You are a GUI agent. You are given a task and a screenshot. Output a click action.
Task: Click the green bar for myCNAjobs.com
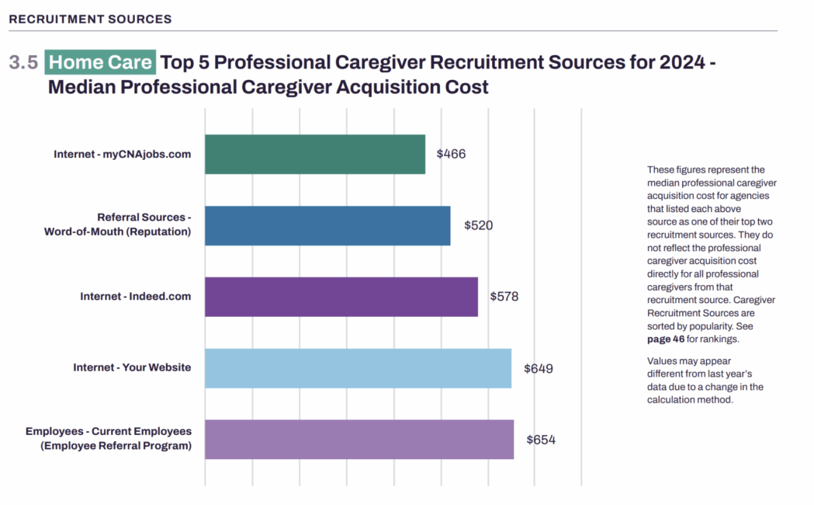tap(314, 154)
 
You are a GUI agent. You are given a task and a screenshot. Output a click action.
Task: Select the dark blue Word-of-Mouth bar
tap(327, 225)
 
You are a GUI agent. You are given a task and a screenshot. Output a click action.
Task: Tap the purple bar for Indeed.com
tap(341, 296)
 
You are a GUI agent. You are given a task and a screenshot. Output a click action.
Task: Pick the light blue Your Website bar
tap(358, 367)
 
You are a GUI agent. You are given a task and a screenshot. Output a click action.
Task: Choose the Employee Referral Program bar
tap(359, 439)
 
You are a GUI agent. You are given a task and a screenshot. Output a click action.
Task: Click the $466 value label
tap(451, 154)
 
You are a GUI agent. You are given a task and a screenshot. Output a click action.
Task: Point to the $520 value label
tap(478, 225)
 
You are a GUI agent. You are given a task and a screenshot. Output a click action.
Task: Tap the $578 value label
tap(504, 296)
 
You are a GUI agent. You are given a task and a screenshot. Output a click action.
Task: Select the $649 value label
tap(538, 368)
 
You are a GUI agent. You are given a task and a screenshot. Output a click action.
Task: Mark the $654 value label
tap(540, 440)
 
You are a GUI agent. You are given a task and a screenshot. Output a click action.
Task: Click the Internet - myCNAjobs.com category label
tap(122, 154)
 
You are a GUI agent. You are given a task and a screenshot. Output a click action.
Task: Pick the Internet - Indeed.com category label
tap(135, 296)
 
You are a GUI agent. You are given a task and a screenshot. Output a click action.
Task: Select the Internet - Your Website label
tap(131, 367)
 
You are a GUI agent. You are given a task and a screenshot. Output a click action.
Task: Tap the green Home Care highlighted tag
tap(101, 62)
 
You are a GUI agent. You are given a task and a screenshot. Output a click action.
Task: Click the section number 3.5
tap(23, 63)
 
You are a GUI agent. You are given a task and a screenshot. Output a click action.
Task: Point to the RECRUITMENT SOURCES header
tap(90, 19)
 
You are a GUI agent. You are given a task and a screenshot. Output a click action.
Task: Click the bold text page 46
tap(663, 339)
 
